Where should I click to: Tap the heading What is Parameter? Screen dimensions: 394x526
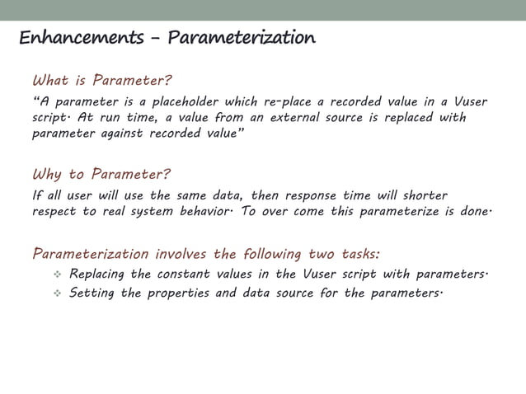(102, 81)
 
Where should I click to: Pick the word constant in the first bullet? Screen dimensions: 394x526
(189, 274)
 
